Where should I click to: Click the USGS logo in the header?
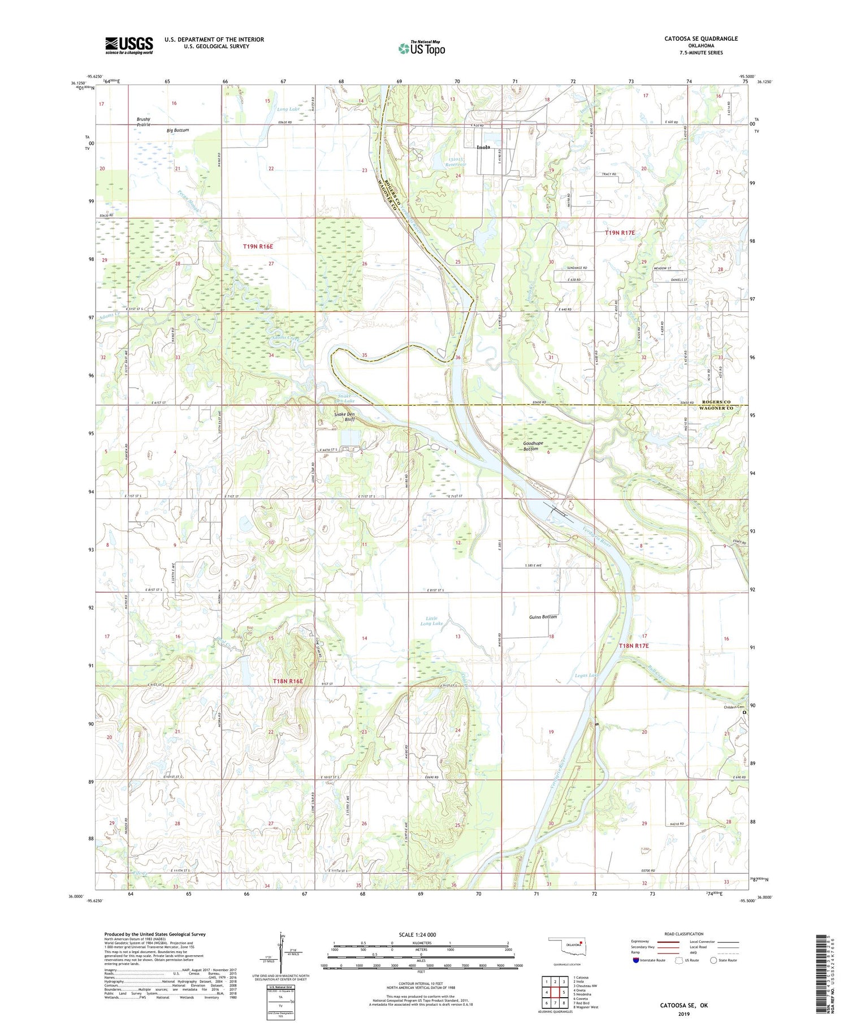pyautogui.click(x=129, y=45)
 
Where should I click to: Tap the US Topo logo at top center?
pyautogui.click(x=421, y=49)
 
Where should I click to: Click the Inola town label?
pyautogui.click(x=483, y=147)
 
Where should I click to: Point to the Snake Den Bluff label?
pyautogui.click(x=344, y=417)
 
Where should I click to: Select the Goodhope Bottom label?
pyautogui.click(x=522, y=446)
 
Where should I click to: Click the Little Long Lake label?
pyautogui.click(x=431, y=621)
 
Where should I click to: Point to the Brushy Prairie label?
pyautogui.click(x=144, y=122)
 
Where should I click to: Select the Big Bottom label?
pyautogui.click(x=178, y=130)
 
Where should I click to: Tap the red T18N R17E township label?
pyautogui.click(x=633, y=646)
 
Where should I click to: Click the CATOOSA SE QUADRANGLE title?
pyautogui.click(x=701, y=38)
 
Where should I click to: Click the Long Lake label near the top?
pyautogui.click(x=288, y=109)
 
